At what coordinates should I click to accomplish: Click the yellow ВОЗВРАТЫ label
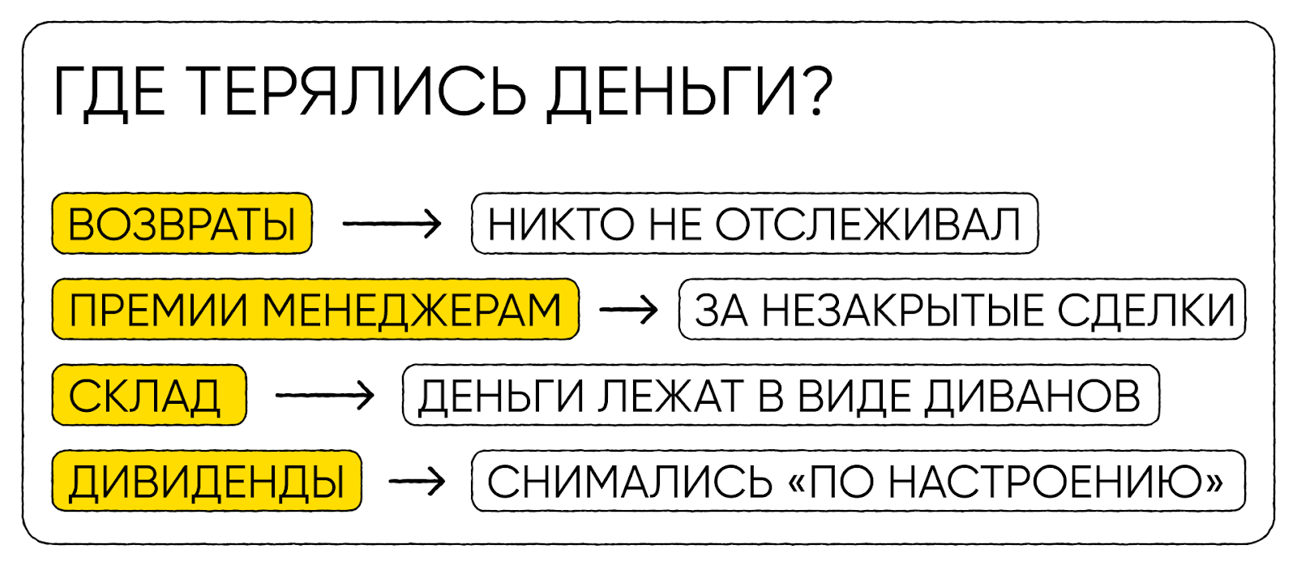pos(182,225)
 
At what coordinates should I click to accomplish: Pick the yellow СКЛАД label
pos(148,396)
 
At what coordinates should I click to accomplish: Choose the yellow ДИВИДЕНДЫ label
pos(207,482)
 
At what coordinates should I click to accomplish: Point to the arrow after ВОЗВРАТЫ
pos(392,224)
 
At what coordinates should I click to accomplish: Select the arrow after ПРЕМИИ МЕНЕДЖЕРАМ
pos(628,310)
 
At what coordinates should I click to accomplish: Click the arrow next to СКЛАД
pos(324,396)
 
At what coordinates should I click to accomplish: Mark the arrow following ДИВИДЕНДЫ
pos(417,482)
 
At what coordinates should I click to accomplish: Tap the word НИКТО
pos(560,225)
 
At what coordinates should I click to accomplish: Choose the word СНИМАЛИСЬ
pos(630,482)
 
